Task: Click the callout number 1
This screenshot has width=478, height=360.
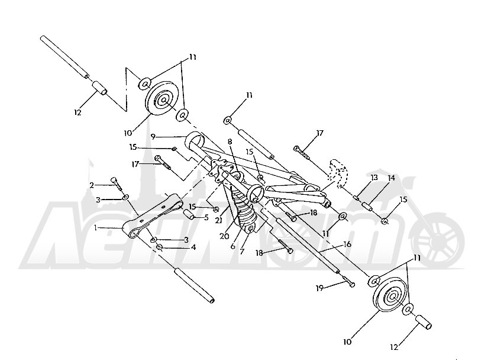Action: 96,228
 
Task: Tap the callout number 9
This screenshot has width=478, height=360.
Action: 153,137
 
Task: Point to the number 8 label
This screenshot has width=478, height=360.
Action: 230,142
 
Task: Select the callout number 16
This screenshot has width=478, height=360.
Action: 347,245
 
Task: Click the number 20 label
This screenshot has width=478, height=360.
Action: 224,236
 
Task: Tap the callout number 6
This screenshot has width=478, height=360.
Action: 233,246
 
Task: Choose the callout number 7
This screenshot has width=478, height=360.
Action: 242,252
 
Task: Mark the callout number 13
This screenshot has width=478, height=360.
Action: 374,177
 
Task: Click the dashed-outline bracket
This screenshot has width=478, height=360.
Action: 337,172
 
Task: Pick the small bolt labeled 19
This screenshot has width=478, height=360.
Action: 350,282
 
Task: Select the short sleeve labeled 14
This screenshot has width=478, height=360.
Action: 367,206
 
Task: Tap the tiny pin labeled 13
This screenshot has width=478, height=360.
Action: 355,198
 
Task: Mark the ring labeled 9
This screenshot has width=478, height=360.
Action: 195,140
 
